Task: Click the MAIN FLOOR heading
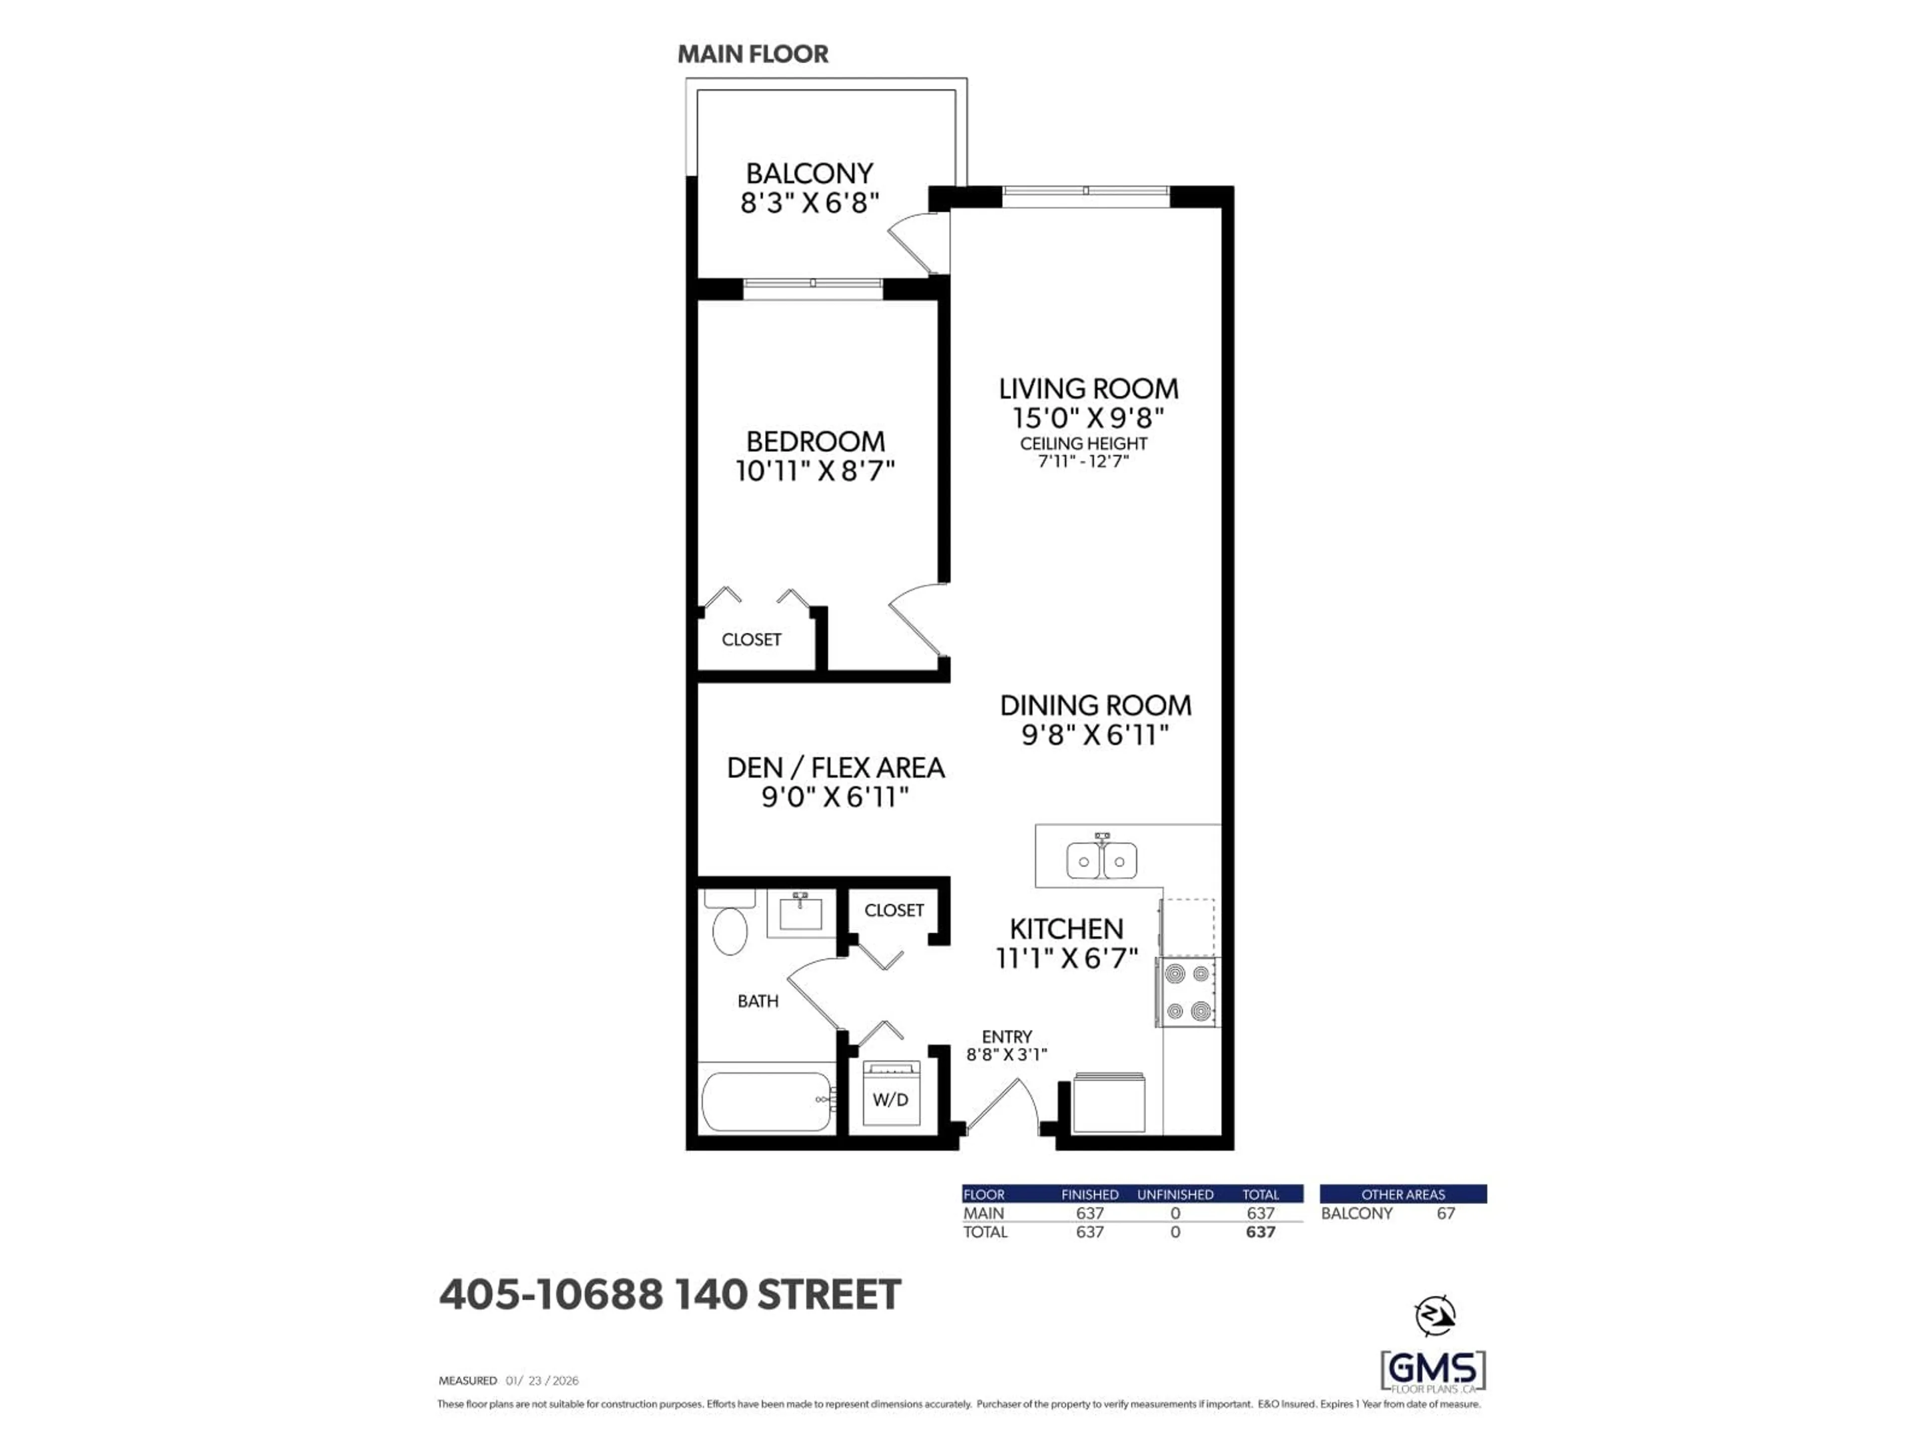[x=753, y=54]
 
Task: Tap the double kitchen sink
[x=1102, y=861]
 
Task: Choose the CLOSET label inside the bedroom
[x=751, y=640]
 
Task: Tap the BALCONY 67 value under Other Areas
[x=1445, y=1213]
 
